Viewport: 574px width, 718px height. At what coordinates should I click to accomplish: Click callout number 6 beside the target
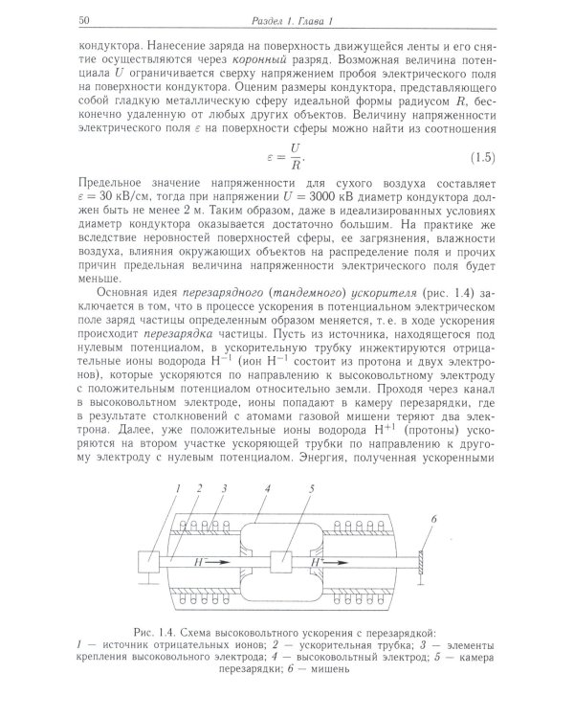coord(433,518)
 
